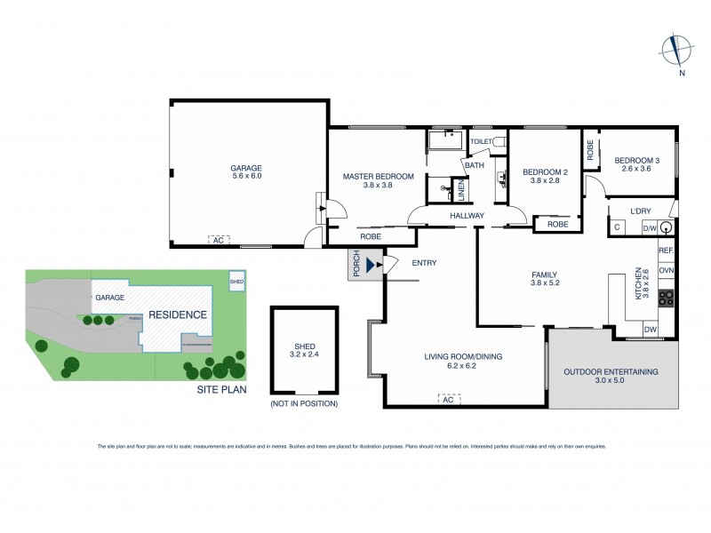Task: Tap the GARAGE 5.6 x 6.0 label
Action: (245, 171)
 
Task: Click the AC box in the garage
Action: (218, 239)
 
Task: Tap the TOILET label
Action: (481, 141)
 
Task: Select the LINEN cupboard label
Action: (460, 191)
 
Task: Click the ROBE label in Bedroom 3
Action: (590, 151)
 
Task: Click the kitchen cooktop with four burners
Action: (667, 300)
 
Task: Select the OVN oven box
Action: (667, 270)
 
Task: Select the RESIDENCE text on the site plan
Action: (177, 314)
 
